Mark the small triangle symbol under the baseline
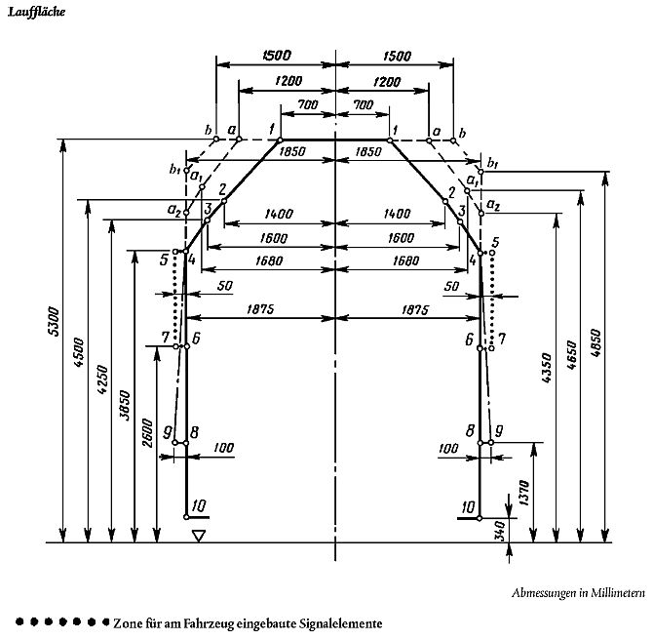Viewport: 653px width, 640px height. pos(199,535)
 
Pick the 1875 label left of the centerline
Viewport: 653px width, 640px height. pos(261,309)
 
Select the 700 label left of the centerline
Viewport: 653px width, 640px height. pos(310,104)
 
